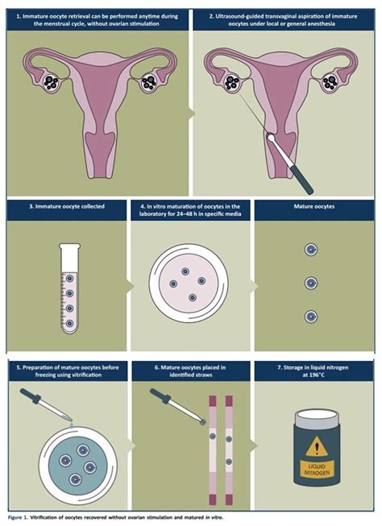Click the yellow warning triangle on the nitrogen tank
(x=317, y=448)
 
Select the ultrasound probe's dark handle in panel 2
(x=302, y=180)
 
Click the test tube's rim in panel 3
(x=70, y=246)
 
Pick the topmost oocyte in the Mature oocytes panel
(x=311, y=250)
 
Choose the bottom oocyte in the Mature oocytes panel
(x=311, y=317)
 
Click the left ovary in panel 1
(x=52, y=82)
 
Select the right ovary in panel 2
(x=330, y=82)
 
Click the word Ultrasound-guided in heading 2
(x=238, y=16)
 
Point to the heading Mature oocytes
(x=314, y=207)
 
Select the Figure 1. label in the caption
(x=15, y=517)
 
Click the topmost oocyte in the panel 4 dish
(x=185, y=271)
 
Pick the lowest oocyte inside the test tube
(x=69, y=323)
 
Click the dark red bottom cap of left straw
(x=213, y=499)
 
